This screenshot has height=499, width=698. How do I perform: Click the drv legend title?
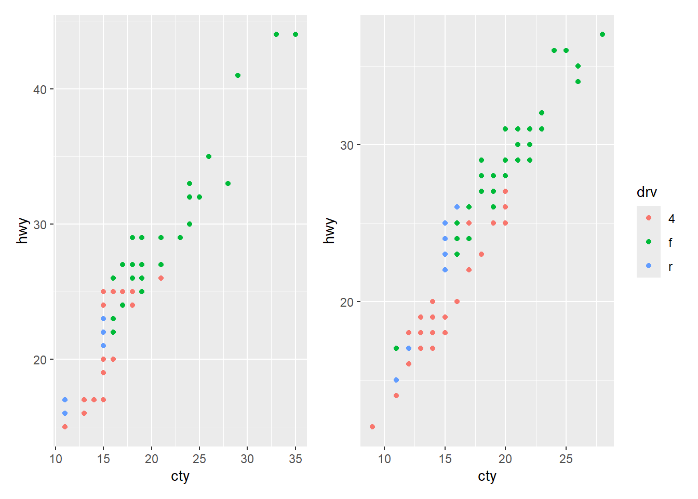point(647,192)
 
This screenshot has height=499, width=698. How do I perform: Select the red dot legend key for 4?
point(649,218)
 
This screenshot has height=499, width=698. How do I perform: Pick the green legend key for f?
point(649,242)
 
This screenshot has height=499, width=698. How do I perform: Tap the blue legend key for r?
point(649,266)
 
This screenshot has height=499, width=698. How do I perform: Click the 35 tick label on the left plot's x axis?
point(296,459)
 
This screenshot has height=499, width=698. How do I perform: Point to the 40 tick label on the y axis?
point(40,89)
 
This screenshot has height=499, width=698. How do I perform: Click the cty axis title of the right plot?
point(487,476)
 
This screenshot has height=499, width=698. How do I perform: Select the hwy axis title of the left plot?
point(22,231)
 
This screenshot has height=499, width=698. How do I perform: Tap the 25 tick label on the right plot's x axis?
point(566,459)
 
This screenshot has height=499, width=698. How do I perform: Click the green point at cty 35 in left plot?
point(296,34)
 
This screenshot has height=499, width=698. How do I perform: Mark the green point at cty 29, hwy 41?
point(238,75)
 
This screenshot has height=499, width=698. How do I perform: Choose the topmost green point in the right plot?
point(602,34)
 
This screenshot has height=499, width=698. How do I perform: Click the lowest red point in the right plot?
point(372,427)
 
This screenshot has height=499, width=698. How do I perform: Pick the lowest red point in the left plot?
point(65,427)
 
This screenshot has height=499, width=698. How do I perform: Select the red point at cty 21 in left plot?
point(161,278)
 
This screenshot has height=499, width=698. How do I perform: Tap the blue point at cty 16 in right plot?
point(457,207)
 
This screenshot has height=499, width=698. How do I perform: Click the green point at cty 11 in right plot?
point(396,348)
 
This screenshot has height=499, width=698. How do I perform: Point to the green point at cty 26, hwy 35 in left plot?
point(209,156)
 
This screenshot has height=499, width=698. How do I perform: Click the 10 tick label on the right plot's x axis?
point(384,459)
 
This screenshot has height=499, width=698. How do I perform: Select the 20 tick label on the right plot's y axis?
point(347,302)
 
